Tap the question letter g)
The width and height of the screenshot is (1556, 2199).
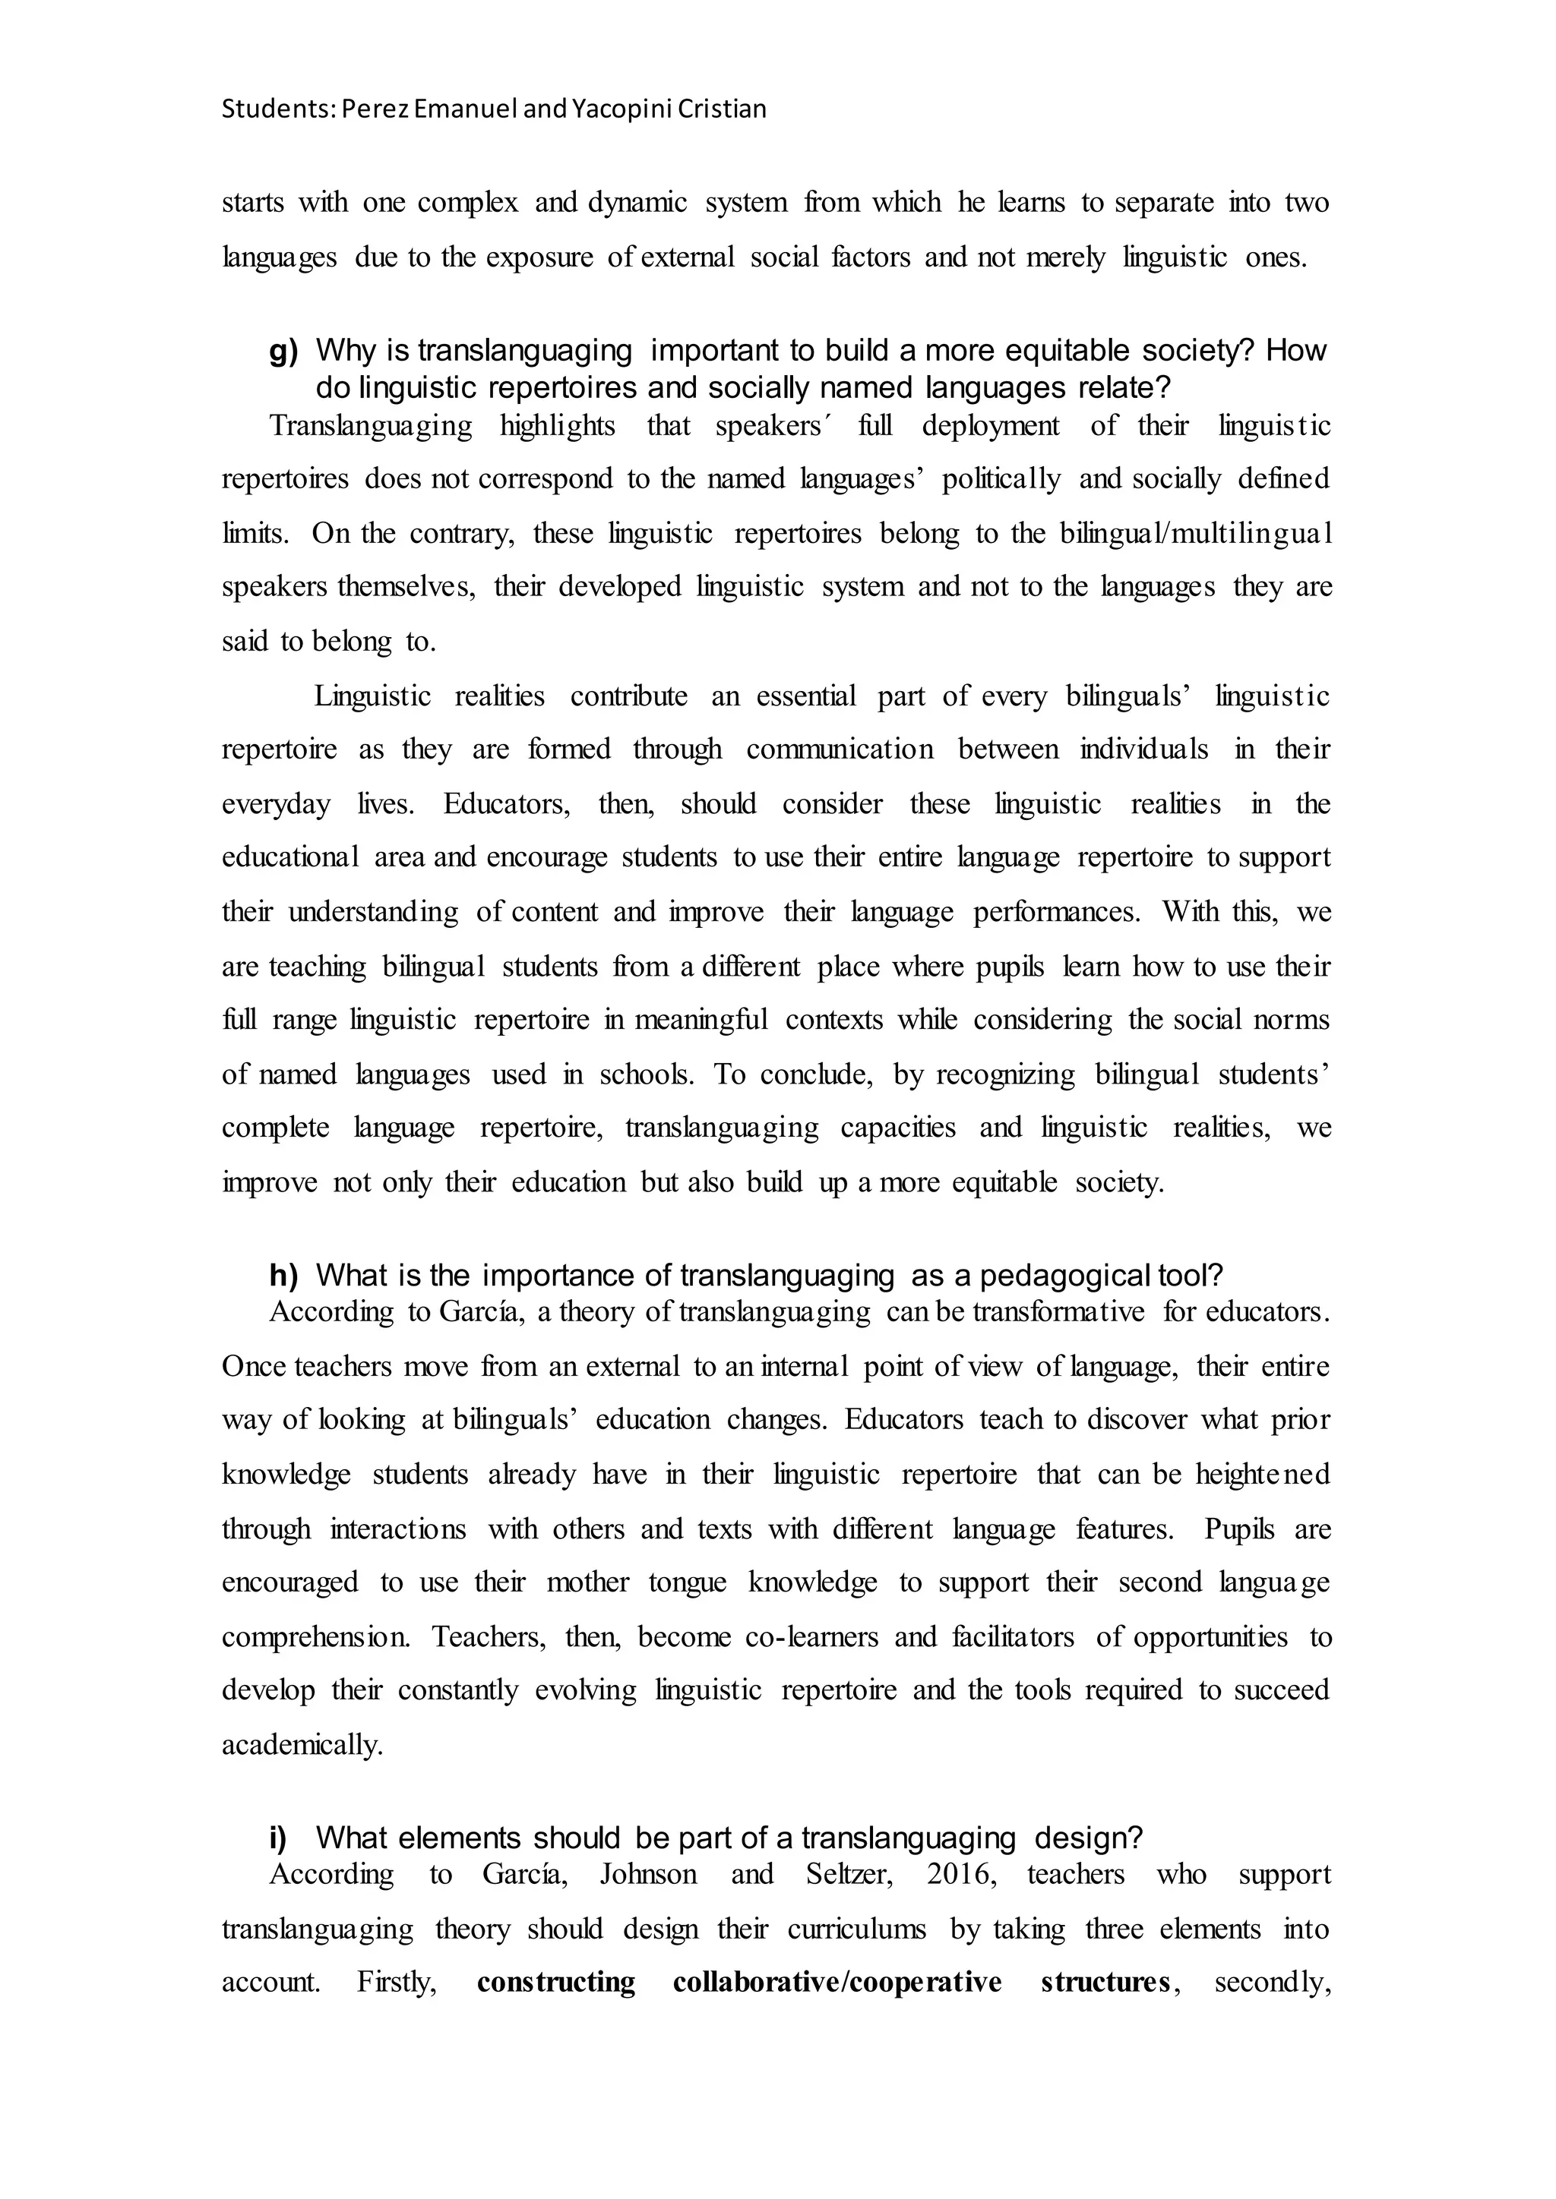coord(283,352)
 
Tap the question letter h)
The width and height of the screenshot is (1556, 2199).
coord(283,1276)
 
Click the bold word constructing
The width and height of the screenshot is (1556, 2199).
coord(555,1982)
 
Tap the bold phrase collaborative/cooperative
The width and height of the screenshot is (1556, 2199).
coord(837,1982)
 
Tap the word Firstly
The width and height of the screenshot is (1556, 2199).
coord(397,1982)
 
